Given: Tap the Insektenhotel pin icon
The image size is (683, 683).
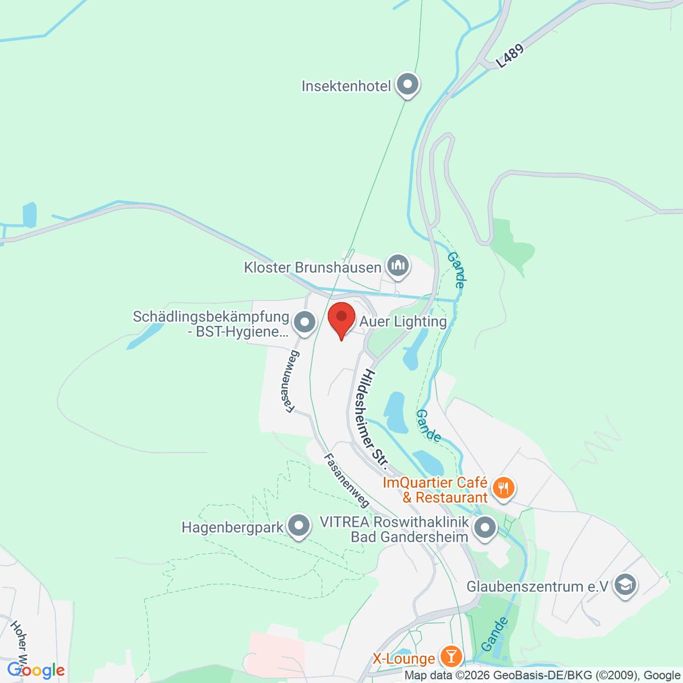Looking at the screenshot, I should point(408,85).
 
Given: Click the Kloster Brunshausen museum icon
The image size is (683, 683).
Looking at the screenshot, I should point(398,266).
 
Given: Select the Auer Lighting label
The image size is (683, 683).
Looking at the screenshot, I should point(403,322).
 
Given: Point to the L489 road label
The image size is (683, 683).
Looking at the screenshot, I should point(509,57).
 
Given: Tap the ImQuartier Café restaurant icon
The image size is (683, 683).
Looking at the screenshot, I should point(503,488).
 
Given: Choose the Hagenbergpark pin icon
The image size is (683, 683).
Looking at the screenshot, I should point(299,526).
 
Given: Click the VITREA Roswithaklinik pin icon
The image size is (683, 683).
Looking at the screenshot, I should point(485,527).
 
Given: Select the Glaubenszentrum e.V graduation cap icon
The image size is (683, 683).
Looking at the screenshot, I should point(626,585).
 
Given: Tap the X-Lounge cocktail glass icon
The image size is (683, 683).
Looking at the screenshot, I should point(451,657).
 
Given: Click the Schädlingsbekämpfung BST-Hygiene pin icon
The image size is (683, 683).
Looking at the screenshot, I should point(305,322).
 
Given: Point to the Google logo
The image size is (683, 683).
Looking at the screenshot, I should point(36,670).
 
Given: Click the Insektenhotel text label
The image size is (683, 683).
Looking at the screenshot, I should point(346,87).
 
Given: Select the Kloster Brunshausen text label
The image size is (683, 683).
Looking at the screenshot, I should point(312,268).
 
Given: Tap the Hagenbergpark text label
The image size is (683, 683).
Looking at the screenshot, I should point(232,528).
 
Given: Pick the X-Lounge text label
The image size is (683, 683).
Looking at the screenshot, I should point(404,659).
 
